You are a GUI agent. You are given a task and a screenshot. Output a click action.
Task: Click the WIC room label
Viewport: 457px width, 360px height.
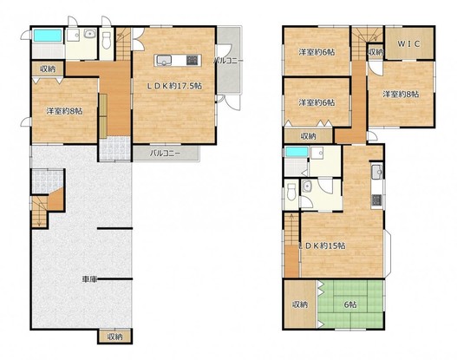click(x=409, y=44)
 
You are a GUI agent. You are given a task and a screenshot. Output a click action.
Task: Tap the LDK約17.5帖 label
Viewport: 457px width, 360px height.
click(x=174, y=86)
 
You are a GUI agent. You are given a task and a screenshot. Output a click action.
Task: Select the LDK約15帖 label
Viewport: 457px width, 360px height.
click(x=323, y=245)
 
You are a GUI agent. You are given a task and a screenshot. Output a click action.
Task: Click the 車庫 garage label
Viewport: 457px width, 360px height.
click(x=89, y=279)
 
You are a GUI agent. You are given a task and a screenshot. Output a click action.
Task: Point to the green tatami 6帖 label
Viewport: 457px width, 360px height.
click(x=350, y=304)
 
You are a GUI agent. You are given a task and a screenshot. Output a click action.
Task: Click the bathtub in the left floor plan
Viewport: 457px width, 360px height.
click(x=48, y=36)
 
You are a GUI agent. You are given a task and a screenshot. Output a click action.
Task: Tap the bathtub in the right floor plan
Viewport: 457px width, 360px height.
click(x=297, y=152)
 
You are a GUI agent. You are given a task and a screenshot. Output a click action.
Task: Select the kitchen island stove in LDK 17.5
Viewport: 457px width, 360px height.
click(x=192, y=61)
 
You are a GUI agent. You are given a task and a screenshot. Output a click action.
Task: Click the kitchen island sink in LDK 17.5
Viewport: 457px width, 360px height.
click(x=165, y=61)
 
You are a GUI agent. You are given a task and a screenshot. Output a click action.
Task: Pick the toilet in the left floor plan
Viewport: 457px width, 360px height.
click(x=107, y=41)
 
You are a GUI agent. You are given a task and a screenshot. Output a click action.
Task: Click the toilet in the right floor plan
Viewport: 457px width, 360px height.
click(x=291, y=193)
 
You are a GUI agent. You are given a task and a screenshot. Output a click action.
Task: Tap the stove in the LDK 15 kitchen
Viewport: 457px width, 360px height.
click(x=376, y=200)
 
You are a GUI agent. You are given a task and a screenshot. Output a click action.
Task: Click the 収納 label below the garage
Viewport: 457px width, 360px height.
click(x=114, y=337)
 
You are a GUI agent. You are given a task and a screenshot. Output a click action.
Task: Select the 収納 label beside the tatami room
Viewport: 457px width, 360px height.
click(x=300, y=304)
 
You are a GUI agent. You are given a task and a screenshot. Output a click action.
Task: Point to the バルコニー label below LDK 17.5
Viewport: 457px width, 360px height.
click(x=165, y=154)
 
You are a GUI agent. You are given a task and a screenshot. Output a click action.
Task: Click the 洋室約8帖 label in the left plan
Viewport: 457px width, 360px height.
click(x=65, y=111)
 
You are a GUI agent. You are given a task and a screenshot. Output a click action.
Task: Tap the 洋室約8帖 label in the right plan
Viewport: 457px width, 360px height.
click(x=401, y=95)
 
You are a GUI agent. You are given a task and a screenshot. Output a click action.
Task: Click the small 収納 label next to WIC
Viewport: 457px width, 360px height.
click(x=375, y=52)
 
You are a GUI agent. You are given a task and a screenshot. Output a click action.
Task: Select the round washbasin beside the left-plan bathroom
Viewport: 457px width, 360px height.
click(x=89, y=34)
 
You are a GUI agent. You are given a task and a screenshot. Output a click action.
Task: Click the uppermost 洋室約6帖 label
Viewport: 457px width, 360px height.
click(x=317, y=52)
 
